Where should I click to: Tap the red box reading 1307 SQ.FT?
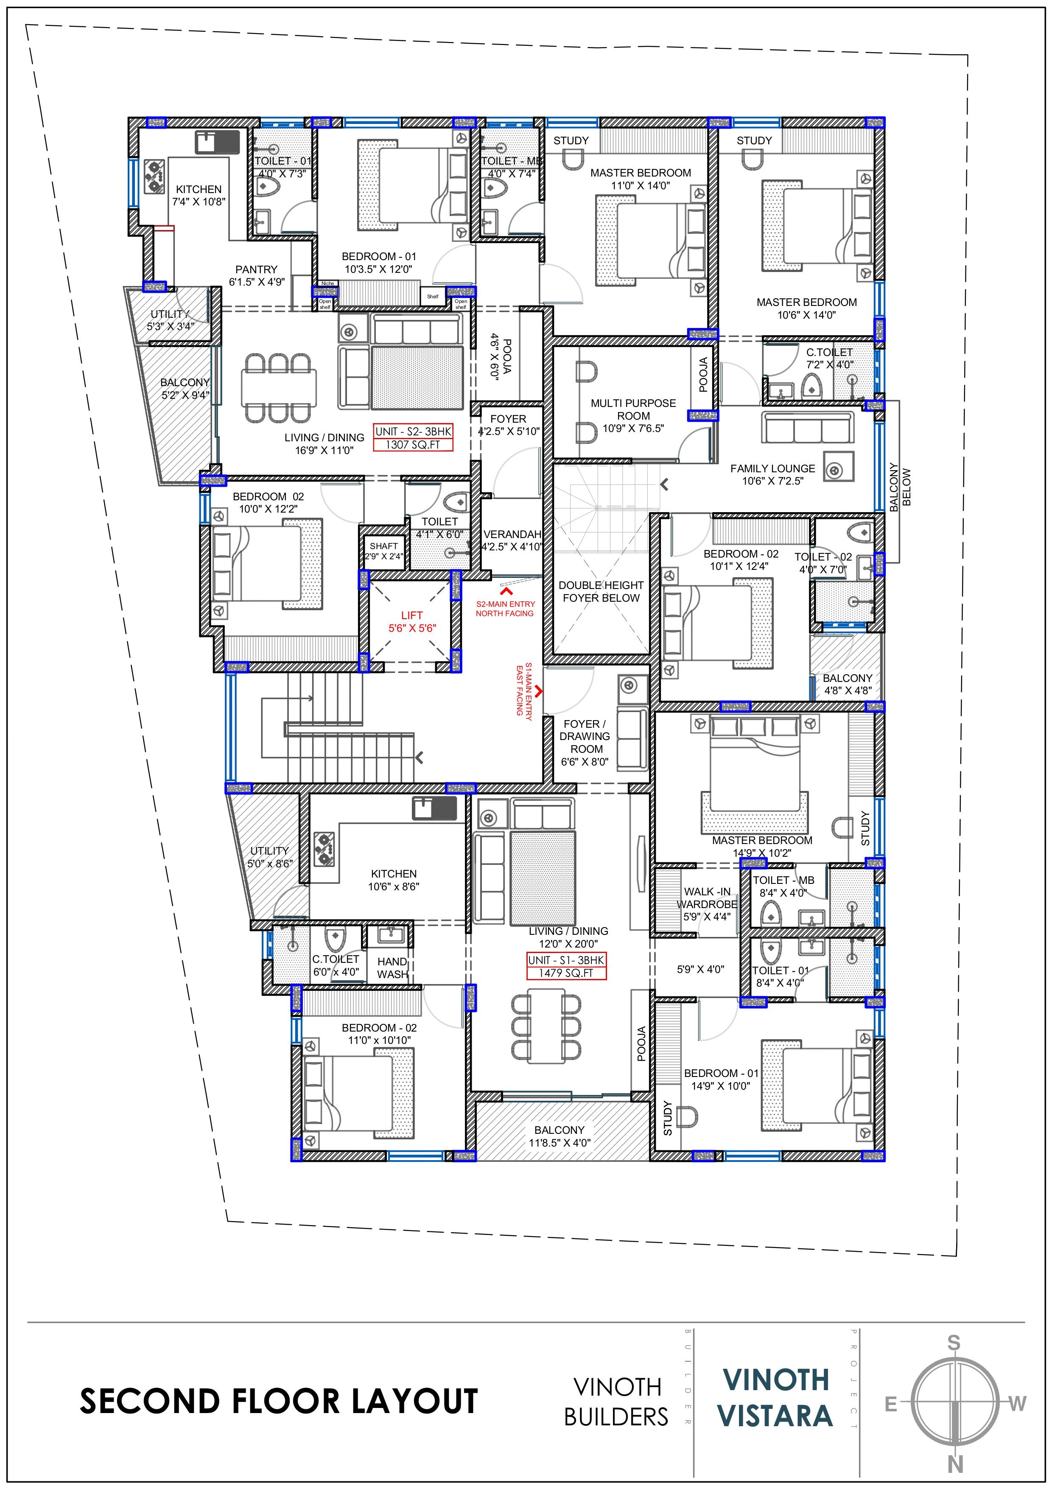[x=413, y=444]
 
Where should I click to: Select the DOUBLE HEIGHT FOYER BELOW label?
[x=601, y=592]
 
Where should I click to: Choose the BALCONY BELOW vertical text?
[x=900, y=487]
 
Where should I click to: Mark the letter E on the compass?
[x=891, y=1405]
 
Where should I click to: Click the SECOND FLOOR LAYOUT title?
[x=279, y=1402]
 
